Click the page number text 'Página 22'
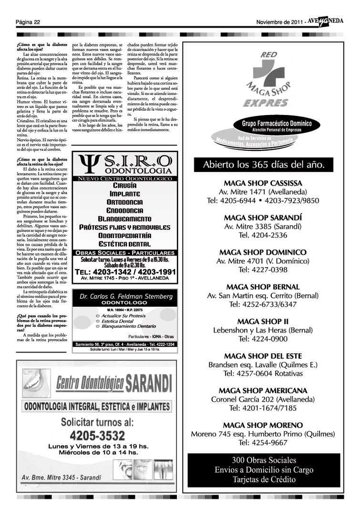coord(27,22)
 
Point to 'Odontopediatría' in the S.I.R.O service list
coord(125,236)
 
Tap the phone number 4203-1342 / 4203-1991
coord(125,271)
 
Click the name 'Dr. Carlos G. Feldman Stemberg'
coord(126,296)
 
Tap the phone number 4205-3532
coord(97,435)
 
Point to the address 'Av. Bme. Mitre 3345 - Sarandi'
coord(62,477)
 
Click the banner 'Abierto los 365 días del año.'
coord(264,165)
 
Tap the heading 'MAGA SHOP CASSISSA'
coord(262,183)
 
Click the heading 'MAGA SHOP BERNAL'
coord(263,287)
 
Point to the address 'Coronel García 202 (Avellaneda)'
coord(263,399)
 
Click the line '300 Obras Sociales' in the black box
coord(264,460)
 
